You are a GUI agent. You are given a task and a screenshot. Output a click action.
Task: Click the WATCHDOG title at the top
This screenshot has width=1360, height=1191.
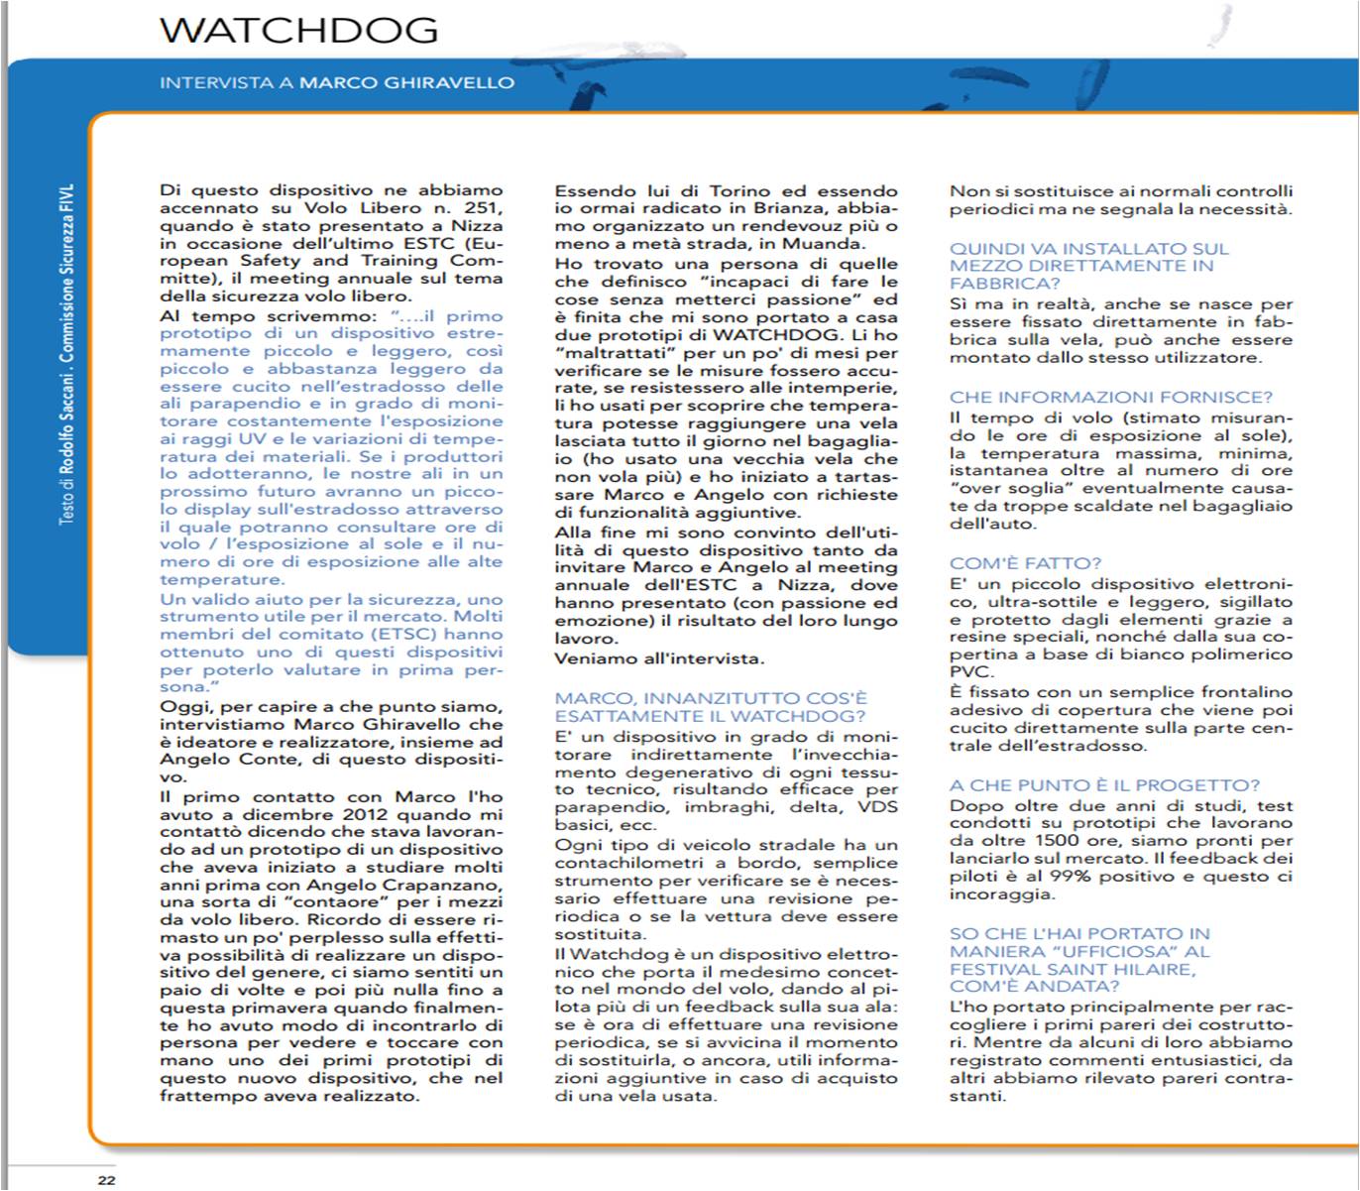pyautogui.click(x=298, y=30)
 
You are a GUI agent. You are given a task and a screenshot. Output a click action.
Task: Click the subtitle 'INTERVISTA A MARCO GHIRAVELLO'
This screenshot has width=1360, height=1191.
pyautogui.click(x=337, y=83)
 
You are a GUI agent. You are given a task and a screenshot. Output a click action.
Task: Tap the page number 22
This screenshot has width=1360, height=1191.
pyautogui.click(x=106, y=1179)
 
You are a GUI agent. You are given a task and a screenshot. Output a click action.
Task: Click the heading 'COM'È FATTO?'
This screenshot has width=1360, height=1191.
pyautogui.click(x=1025, y=563)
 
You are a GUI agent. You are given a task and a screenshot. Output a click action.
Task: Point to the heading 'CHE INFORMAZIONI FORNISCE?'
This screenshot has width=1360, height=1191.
pyautogui.click(x=1110, y=398)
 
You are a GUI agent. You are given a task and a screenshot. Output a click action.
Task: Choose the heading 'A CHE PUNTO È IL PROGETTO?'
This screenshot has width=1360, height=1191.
pyautogui.click(x=1104, y=785)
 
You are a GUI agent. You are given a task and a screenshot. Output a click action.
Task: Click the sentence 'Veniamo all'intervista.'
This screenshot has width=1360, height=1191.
pyautogui.click(x=659, y=658)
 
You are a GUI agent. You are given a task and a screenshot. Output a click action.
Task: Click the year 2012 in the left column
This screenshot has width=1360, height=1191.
pyautogui.click(x=371, y=814)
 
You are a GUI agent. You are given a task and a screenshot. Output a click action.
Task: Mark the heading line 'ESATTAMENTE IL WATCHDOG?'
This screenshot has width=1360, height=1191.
pyautogui.click(x=710, y=716)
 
